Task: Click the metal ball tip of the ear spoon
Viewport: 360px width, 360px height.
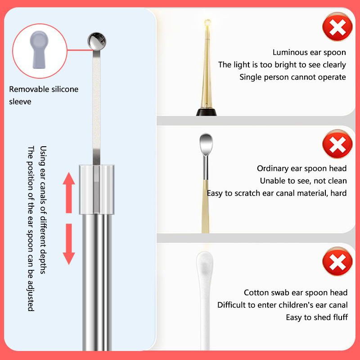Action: click(97, 41)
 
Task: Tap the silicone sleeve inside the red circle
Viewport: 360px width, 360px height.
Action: click(39, 49)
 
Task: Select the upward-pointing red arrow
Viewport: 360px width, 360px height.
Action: click(69, 193)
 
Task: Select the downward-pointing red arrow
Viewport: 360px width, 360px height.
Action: click(69, 244)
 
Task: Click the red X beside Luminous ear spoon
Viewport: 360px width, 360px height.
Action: click(337, 27)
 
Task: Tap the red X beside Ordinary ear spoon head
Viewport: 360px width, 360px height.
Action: click(337, 144)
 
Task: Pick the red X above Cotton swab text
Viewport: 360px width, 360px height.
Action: click(337, 261)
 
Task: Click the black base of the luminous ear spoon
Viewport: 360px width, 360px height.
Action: click(206, 112)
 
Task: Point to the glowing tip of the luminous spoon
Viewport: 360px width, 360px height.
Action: click(207, 23)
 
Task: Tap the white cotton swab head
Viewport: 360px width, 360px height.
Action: click(205, 266)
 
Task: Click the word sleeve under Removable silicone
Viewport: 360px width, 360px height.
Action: click(20, 102)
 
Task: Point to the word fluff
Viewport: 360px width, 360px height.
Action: click(341, 317)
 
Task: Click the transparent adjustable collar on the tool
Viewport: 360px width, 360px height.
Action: click(97, 189)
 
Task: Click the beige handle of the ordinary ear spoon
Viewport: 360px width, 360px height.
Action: click(206, 207)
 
